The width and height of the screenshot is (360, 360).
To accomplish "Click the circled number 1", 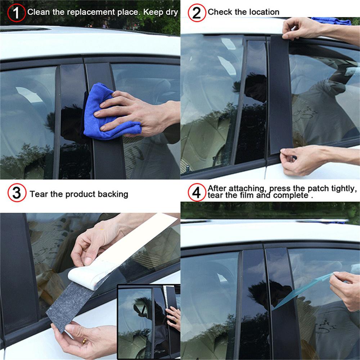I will pyautogui.click(x=16, y=13).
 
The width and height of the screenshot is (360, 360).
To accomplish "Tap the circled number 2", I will pyautogui.click(x=197, y=13).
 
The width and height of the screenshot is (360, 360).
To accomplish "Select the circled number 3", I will pyautogui.click(x=17, y=193).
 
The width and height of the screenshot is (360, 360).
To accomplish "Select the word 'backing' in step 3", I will pyautogui.click(x=112, y=194).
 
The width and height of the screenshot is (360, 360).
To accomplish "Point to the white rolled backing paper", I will pyautogui.click(x=86, y=275).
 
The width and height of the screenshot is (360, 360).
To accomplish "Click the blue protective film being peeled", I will pyautogui.click(x=302, y=290).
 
